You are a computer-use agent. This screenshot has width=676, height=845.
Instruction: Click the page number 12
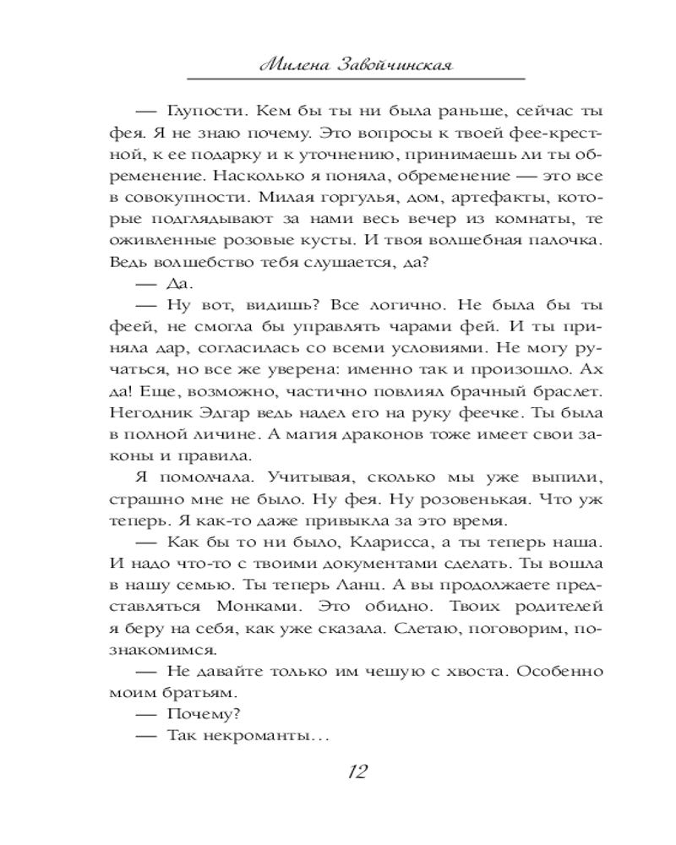pyautogui.click(x=356, y=771)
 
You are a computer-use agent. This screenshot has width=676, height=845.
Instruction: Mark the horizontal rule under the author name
pyautogui.click(x=356, y=79)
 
